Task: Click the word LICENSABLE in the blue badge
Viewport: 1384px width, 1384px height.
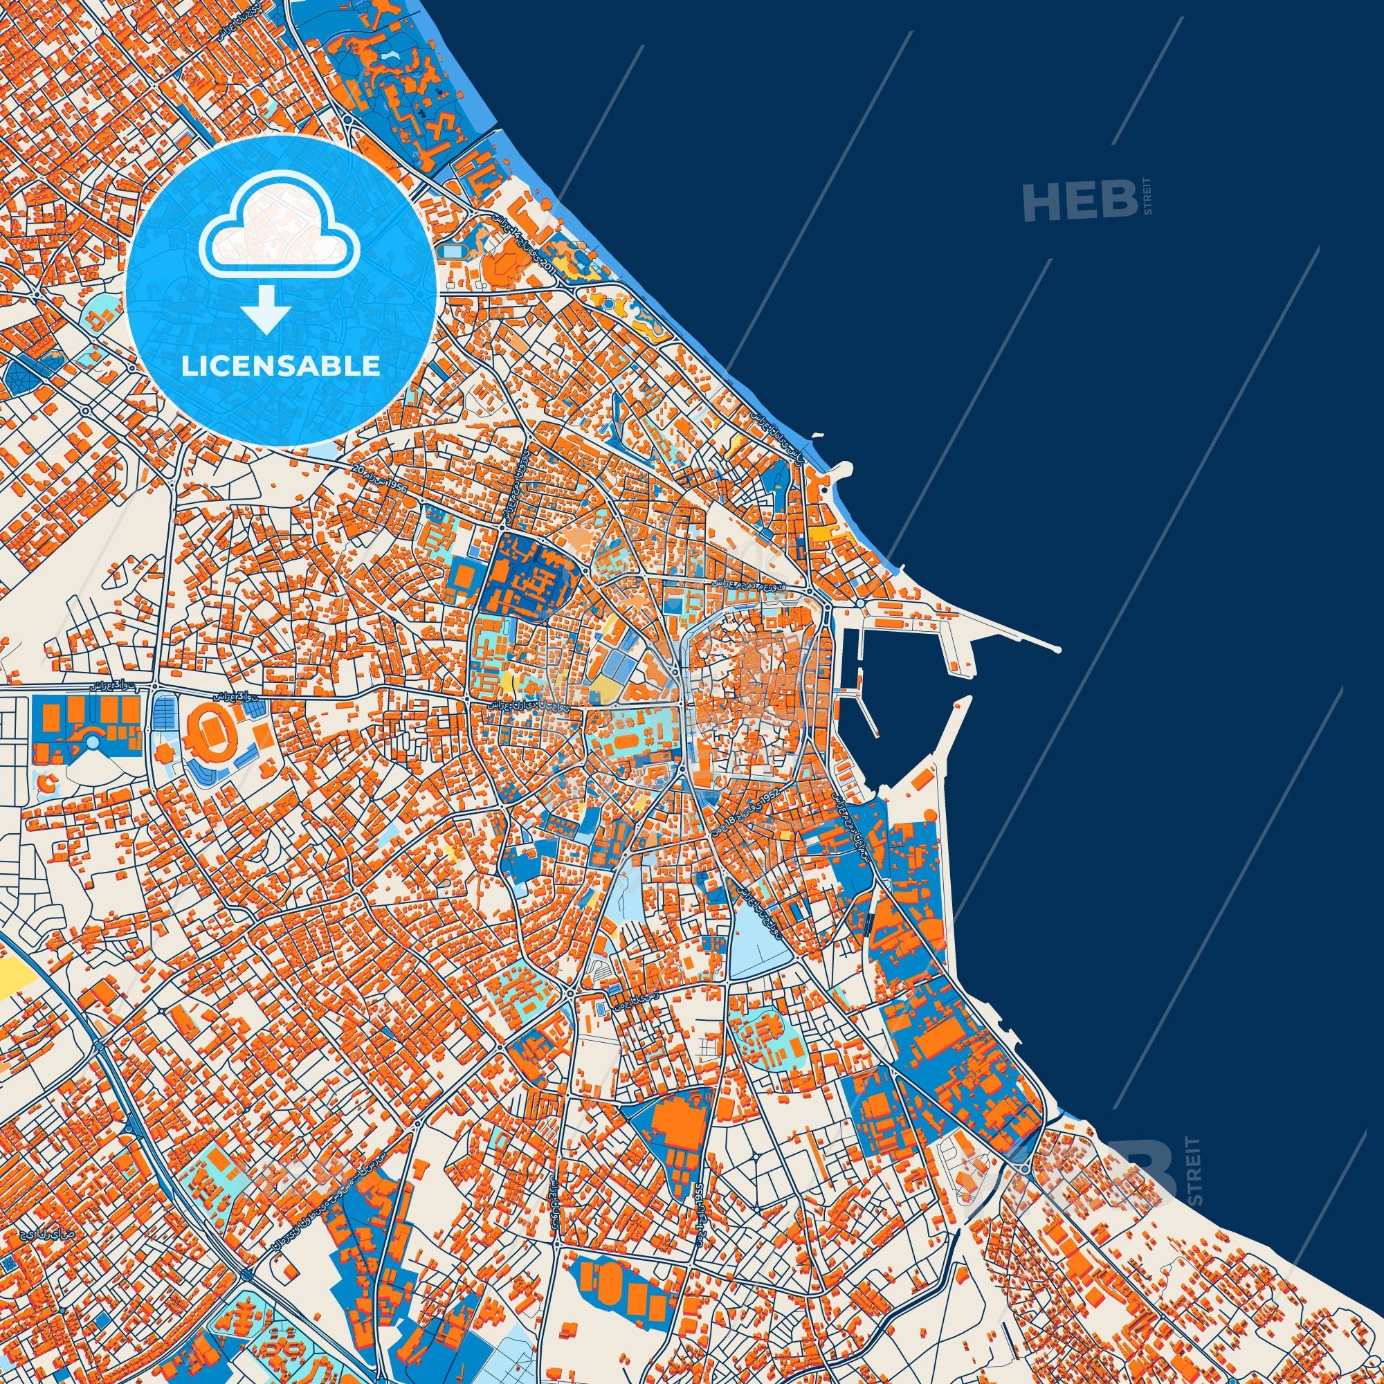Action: pyautogui.click(x=280, y=366)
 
